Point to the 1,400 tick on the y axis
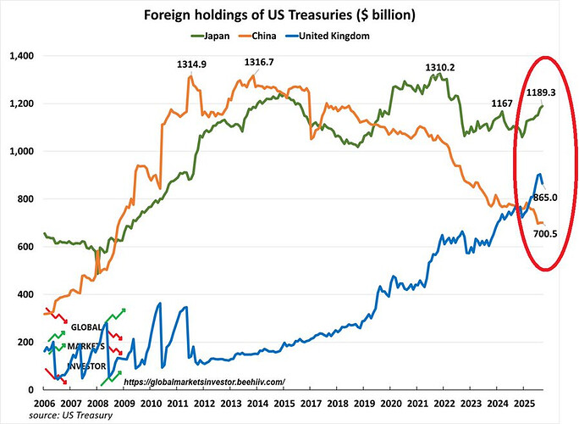coord(19,56)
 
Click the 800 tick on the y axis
coord(25,199)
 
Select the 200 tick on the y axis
coord(25,342)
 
